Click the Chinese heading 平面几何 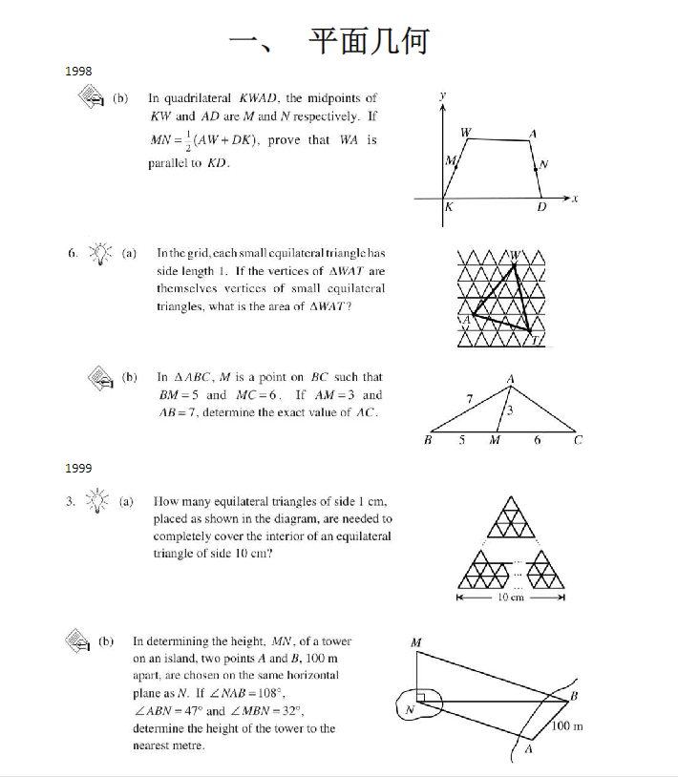click(x=368, y=41)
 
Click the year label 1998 click(x=78, y=73)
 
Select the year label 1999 click(x=78, y=468)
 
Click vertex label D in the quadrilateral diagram click(x=541, y=207)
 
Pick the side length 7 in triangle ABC click(x=469, y=397)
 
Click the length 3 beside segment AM click(x=510, y=411)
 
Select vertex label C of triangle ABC click(x=578, y=441)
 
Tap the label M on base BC click(x=495, y=441)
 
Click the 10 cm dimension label click(x=511, y=598)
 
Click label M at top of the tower click(x=415, y=642)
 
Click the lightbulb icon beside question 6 click(x=99, y=253)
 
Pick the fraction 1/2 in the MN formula click(x=188, y=141)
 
